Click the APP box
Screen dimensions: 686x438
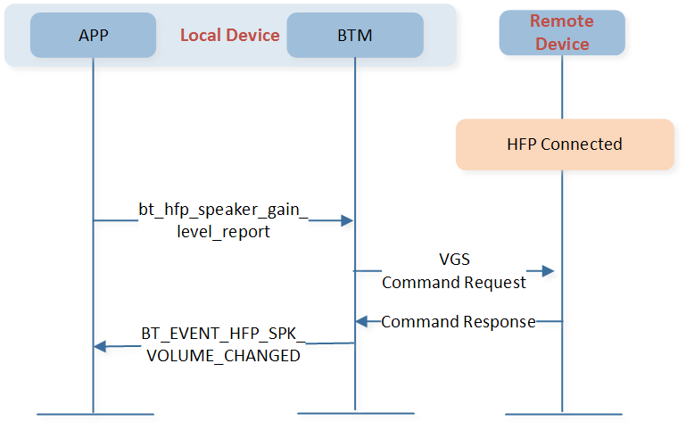pyautogui.click(x=93, y=35)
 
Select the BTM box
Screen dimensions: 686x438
pyautogui.click(x=355, y=35)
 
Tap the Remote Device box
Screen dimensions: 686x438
pyautogui.click(x=562, y=33)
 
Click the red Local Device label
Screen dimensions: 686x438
pyautogui.click(x=229, y=35)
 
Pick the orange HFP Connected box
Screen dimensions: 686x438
pyautogui.click(x=565, y=145)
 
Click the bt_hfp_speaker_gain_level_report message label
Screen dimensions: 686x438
pyautogui.click(x=223, y=220)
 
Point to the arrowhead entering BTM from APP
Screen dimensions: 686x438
pyautogui.click(x=347, y=220)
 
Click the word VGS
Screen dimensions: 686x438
pyautogui.click(x=455, y=259)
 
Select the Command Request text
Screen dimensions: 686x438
pyautogui.click(x=454, y=282)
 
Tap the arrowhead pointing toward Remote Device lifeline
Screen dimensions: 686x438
pyautogui.click(x=549, y=271)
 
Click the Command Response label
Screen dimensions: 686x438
pyautogui.click(x=458, y=322)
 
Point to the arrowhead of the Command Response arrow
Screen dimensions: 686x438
pyautogui.click(x=361, y=322)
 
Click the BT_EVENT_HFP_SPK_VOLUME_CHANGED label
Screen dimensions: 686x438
pyautogui.click(x=223, y=344)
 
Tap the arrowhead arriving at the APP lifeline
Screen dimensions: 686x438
pyautogui.click(x=100, y=346)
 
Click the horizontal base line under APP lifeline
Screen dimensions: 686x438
pyautogui.click(x=95, y=414)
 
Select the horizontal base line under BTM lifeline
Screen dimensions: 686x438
pyautogui.click(x=356, y=413)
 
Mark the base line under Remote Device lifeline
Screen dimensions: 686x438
pyautogui.click(x=564, y=414)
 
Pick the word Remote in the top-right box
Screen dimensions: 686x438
pyautogui.click(x=562, y=21)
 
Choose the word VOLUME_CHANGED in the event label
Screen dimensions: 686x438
pyautogui.click(x=223, y=356)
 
